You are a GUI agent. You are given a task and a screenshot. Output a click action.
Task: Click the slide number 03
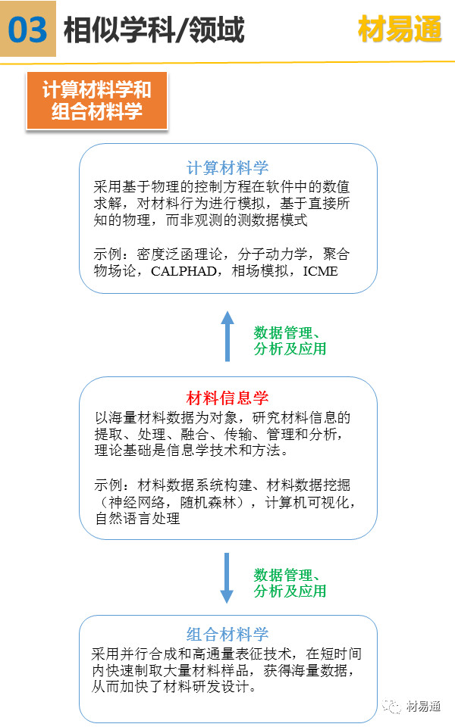pos(28,30)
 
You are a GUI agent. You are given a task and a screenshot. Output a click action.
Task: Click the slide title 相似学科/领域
pos(154,30)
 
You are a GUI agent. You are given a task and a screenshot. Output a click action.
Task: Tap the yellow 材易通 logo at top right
pos(400,29)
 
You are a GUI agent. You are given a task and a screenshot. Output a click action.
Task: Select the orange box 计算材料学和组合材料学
pos(97,101)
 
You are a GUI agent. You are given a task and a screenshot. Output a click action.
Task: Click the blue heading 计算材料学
pos(227,167)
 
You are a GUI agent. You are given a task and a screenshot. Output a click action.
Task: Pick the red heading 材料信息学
pos(227,398)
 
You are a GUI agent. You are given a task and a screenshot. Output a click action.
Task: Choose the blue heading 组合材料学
pos(227,634)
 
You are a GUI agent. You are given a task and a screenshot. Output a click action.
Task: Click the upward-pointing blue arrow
pos(227,336)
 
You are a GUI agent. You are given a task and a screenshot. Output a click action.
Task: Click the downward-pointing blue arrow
pos(227,578)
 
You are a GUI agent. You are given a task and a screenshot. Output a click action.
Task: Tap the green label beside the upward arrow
pos(290,341)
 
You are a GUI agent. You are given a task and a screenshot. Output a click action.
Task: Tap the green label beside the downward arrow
pos(290,583)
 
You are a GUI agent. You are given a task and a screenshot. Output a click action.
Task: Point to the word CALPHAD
pos(184,271)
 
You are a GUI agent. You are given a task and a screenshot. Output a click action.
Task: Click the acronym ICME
pos(320,271)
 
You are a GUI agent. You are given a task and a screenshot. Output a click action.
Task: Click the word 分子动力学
pos(272,254)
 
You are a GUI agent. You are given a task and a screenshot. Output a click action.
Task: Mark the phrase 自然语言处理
pos(137,518)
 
